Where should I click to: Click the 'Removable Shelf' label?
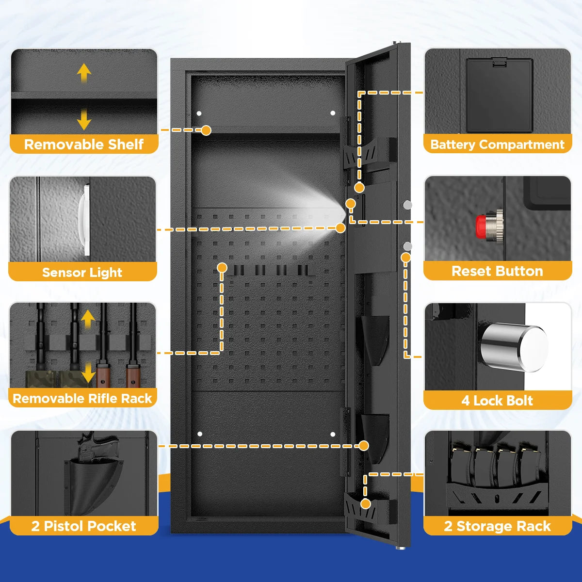[x=83, y=145]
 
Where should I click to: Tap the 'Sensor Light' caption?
[x=82, y=272]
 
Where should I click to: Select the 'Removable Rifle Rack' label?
[x=82, y=399]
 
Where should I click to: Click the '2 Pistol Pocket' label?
[x=83, y=526]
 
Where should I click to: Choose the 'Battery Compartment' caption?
[x=497, y=145]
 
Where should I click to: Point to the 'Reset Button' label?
[x=497, y=271]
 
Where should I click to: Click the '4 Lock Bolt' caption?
[x=497, y=401]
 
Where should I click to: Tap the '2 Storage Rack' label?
[x=497, y=526]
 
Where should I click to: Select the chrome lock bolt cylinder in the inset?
[x=513, y=347]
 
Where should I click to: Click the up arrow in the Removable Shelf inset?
[x=84, y=74]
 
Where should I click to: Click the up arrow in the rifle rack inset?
[x=88, y=319]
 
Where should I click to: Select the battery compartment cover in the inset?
[x=499, y=95]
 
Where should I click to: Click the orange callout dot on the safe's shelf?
[x=206, y=130]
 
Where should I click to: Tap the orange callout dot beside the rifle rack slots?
[x=222, y=267]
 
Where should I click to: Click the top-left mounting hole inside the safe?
[x=199, y=113]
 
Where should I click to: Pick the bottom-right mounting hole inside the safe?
[x=333, y=434]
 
